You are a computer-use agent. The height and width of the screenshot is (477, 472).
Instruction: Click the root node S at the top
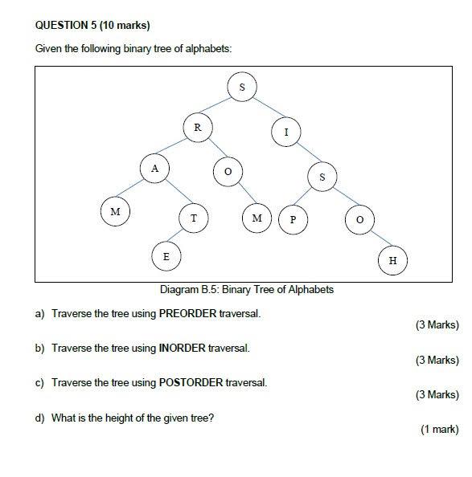point(242,87)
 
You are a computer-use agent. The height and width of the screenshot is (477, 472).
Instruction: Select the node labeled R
point(197,127)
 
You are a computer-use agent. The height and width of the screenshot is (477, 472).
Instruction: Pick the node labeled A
point(154,169)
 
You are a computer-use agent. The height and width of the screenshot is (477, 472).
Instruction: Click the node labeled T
point(194,218)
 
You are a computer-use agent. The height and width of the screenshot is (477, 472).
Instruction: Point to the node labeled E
point(166,256)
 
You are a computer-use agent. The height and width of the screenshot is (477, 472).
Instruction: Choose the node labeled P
point(293,218)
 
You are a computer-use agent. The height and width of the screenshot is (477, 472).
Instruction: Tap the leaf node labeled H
point(392,260)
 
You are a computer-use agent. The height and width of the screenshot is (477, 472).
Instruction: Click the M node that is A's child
point(115,212)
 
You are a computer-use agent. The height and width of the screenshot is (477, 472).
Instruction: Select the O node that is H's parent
point(359,218)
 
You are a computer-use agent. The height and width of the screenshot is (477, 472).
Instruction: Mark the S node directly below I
point(322,177)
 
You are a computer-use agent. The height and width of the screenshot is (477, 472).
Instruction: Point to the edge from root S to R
point(220,107)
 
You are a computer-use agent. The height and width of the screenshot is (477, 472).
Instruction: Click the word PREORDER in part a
point(187,313)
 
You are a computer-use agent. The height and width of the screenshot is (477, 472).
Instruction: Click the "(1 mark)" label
point(439,430)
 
